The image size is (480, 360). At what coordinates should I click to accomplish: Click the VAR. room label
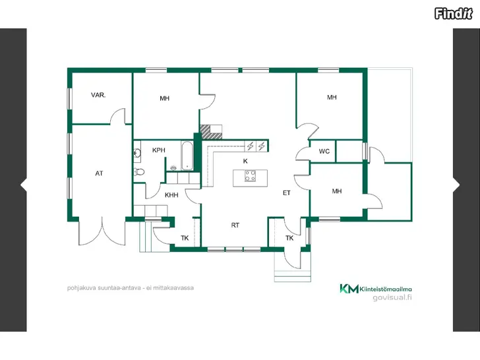pos(98,95)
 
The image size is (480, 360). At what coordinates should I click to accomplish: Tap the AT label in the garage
pos(99,173)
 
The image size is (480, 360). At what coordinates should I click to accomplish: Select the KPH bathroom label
pos(158,150)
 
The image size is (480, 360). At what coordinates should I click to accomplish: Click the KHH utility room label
pos(171,195)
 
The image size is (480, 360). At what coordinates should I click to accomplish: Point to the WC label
pos(324,151)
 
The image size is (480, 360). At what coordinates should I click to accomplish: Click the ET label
pos(287,193)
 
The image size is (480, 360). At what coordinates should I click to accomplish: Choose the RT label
pos(235,225)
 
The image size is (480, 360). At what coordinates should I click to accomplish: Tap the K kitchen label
pos(245,161)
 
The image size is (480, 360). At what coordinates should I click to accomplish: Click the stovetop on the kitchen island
pos(250,176)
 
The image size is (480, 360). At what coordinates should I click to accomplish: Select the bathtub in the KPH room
pos(187,156)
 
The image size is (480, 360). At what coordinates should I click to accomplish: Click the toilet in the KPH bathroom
pos(139,172)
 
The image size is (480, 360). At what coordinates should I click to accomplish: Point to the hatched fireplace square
pos(206,132)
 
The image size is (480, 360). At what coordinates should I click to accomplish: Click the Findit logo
pos(454,14)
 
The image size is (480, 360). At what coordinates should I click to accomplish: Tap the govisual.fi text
pos(392,297)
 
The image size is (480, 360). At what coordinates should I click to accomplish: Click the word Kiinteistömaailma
pos(386,289)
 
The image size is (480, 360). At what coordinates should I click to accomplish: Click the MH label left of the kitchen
pos(164,98)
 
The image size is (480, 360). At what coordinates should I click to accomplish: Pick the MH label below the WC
pos(337,191)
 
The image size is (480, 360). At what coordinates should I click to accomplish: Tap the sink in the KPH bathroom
pos(137,152)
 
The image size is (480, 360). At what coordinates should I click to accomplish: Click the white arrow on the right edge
pos(456,185)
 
